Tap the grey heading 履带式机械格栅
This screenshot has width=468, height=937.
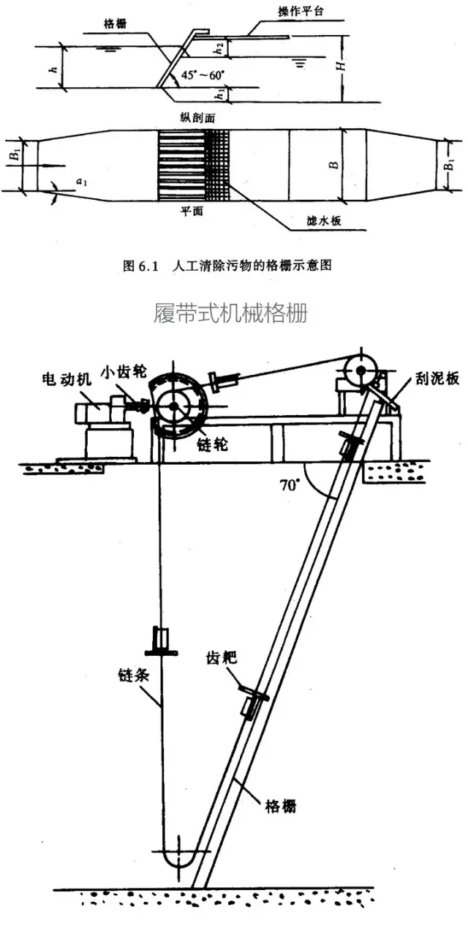[x=230, y=313]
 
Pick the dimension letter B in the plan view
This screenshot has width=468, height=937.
[x=333, y=164]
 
